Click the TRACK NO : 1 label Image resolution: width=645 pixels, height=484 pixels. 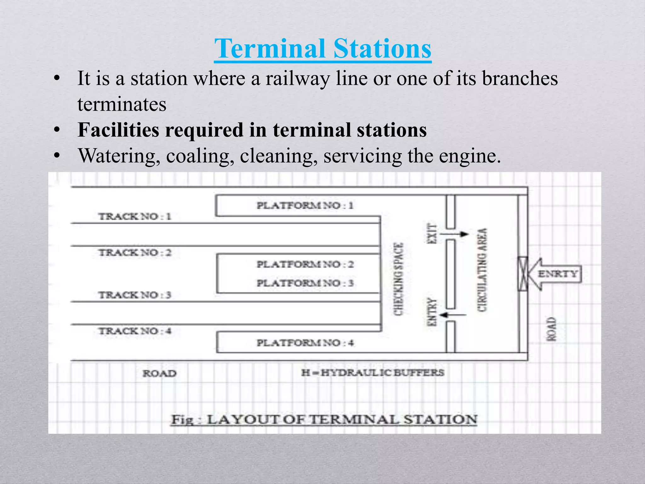(135, 216)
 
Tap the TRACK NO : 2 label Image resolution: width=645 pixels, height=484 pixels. (135, 253)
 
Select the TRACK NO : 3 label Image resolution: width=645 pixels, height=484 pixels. (135, 295)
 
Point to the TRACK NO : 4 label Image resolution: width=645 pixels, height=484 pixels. (135, 331)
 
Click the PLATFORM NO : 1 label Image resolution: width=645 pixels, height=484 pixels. (305, 206)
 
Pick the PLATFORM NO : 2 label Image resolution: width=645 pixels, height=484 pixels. (305, 264)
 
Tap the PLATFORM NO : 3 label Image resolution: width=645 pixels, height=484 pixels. (305, 283)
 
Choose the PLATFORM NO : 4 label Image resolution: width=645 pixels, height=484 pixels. (305, 343)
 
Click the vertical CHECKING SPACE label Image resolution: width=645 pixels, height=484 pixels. (398, 279)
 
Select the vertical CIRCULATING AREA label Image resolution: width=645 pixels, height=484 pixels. (482, 270)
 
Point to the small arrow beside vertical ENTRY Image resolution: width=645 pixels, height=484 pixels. (453, 315)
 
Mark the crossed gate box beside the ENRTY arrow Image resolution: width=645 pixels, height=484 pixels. (523, 274)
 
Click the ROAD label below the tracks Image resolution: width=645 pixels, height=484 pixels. (159, 373)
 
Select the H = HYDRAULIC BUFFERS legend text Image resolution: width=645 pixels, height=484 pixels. (373, 373)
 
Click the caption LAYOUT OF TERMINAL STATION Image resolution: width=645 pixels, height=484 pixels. (324, 420)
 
